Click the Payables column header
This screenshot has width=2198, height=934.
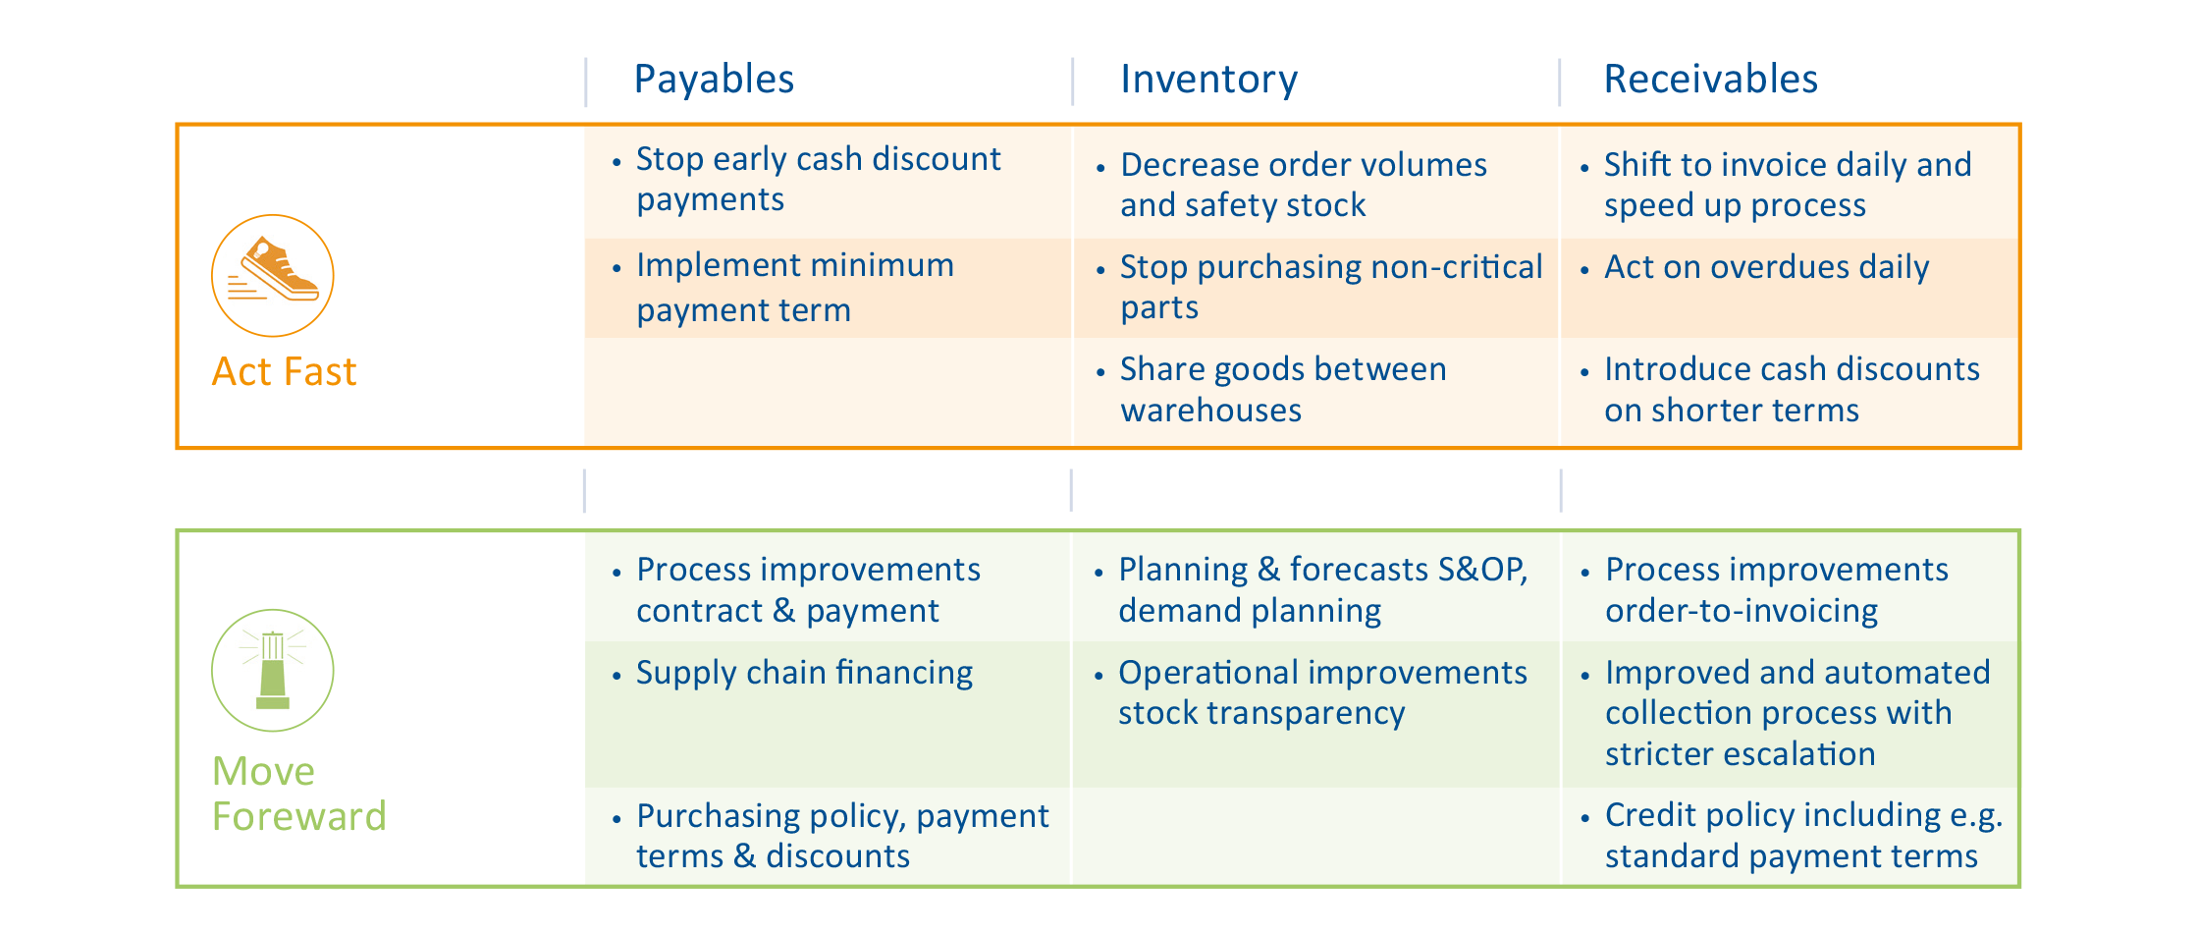click(x=714, y=80)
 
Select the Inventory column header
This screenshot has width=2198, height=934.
click(x=1208, y=79)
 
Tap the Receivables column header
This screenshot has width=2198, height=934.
click(x=1710, y=79)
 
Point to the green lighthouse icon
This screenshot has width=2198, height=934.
click(x=273, y=670)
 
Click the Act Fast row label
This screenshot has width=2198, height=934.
click(x=284, y=372)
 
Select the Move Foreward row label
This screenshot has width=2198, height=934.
click(x=299, y=794)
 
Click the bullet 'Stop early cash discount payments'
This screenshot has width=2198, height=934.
click(x=818, y=179)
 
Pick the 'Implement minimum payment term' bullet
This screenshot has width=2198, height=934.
click(x=794, y=288)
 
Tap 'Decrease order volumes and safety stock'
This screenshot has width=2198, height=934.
click(x=1303, y=185)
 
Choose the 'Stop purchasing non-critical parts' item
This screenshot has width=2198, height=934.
click(x=1330, y=287)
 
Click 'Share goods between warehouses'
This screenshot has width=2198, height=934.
click(x=1282, y=389)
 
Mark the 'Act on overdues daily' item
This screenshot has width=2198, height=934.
click(x=1766, y=267)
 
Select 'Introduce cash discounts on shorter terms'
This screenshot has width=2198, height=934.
click(x=1792, y=389)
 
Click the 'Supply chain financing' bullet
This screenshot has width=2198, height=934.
click(x=804, y=673)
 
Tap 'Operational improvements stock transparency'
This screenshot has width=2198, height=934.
click(x=1322, y=692)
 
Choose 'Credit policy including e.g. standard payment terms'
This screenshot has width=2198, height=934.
click(x=1804, y=835)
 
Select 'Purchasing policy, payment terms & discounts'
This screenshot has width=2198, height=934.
click(x=842, y=836)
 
